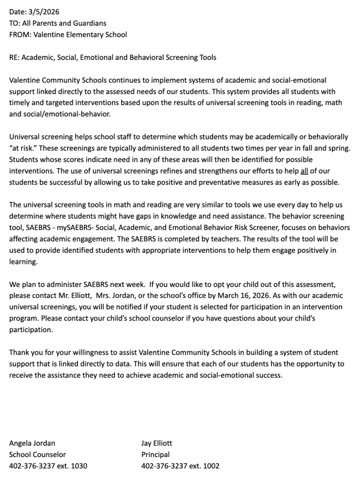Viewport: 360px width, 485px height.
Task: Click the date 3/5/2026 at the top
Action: pos(44,12)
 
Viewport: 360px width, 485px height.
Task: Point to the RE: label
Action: pos(14,57)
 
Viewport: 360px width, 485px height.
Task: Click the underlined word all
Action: pos(304,171)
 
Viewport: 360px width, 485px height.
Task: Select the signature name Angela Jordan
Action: pos(32,443)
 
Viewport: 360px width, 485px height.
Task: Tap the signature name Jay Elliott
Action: pos(157,443)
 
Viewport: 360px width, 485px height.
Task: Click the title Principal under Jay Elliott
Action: pos(155,455)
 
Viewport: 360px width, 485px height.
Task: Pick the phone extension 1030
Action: pos(79,466)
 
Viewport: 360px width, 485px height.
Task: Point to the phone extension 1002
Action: pos(211,466)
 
